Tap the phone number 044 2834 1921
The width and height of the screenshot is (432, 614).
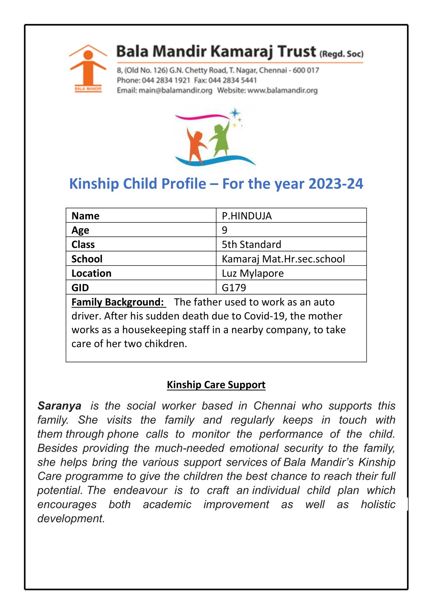click(166, 80)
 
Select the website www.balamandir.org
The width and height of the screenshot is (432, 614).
click(282, 90)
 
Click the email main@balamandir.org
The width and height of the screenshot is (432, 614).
click(175, 90)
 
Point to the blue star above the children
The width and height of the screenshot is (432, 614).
click(235, 113)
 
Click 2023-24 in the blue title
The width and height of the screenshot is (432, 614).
click(336, 184)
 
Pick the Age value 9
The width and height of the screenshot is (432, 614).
click(225, 230)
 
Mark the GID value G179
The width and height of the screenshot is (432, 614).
click(234, 287)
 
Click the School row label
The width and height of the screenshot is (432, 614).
click(87, 259)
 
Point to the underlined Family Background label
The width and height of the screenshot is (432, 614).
click(118, 302)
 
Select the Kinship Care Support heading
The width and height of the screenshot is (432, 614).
click(216, 385)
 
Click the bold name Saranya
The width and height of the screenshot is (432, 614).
click(59, 406)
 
